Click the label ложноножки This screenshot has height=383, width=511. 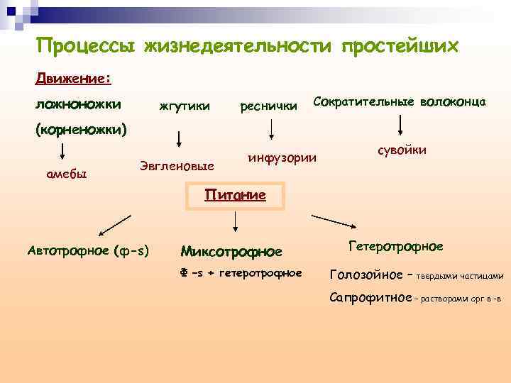click(77, 104)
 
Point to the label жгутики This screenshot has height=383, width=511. click(185, 106)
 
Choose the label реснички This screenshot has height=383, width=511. click(269, 106)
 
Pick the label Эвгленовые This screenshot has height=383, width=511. click(177, 166)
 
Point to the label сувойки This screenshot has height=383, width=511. click(402, 150)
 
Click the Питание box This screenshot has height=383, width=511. click(235, 196)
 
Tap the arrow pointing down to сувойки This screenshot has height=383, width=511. click(402, 126)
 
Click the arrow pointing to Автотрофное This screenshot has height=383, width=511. click(114, 226)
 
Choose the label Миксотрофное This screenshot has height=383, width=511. click(231, 251)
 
